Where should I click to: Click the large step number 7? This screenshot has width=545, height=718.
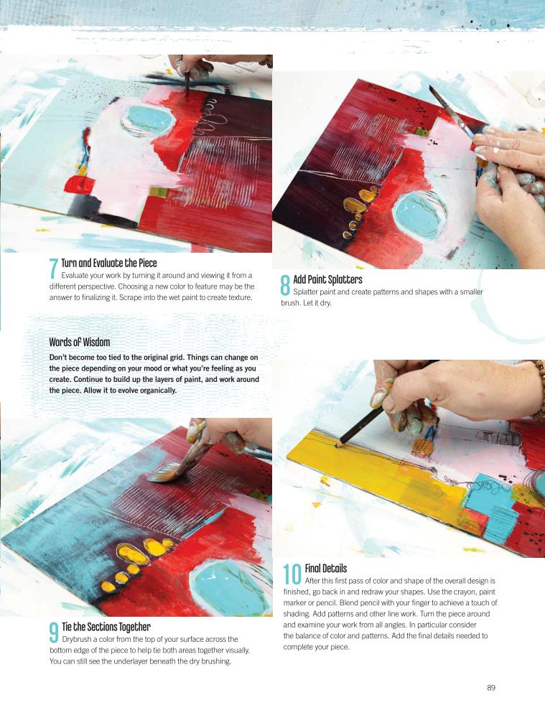tap(54, 269)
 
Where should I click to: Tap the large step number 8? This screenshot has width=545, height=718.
tap(285, 285)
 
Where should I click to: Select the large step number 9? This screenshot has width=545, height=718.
tap(54, 633)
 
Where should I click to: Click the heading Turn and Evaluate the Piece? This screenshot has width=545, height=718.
tap(109, 264)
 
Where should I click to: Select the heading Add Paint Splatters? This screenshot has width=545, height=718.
tap(327, 280)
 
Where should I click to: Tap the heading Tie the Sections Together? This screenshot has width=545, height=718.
tap(106, 627)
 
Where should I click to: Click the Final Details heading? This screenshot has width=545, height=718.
tap(325, 568)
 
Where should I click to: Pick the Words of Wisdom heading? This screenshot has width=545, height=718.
tap(80, 342)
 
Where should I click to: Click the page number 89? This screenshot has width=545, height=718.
tap(491, 687)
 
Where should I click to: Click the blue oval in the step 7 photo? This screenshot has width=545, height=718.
tap(147, 119)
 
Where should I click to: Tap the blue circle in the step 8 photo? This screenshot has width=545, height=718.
tap(419, 214)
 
